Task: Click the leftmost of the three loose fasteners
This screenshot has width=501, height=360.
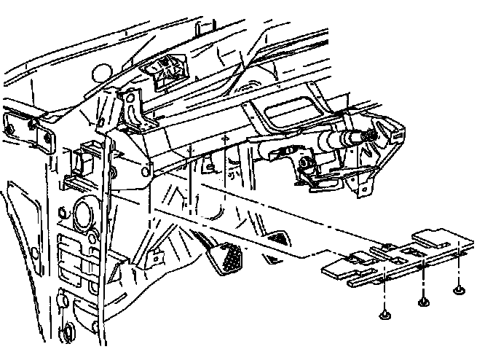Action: [383, 315]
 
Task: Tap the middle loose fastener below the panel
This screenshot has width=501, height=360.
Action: [422, 301]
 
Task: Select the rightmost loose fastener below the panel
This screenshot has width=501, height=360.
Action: [459, 291]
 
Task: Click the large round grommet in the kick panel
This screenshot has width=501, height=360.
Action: [82, 216]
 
